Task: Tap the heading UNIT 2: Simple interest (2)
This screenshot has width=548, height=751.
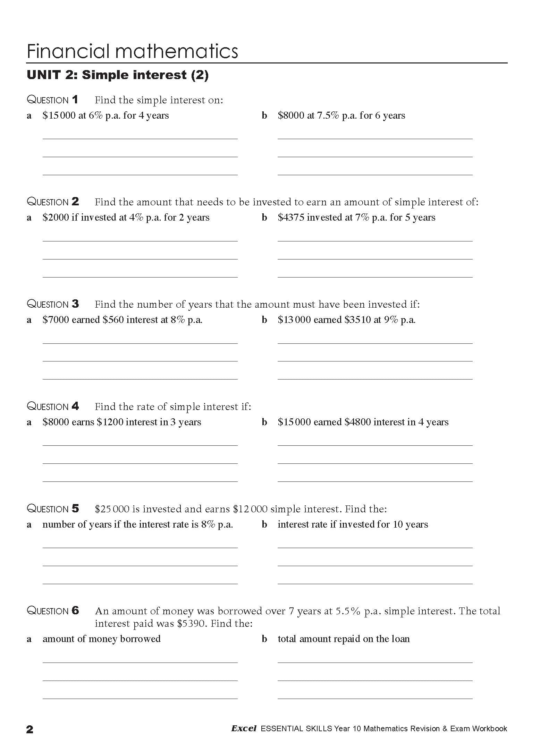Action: [x=118, y=75]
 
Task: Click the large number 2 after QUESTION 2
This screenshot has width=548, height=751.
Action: [x=75, y=202]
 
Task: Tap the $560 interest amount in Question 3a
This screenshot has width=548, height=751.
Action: [x=113, y=320]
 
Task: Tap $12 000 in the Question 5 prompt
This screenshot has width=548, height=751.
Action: [x=250, y=509]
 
